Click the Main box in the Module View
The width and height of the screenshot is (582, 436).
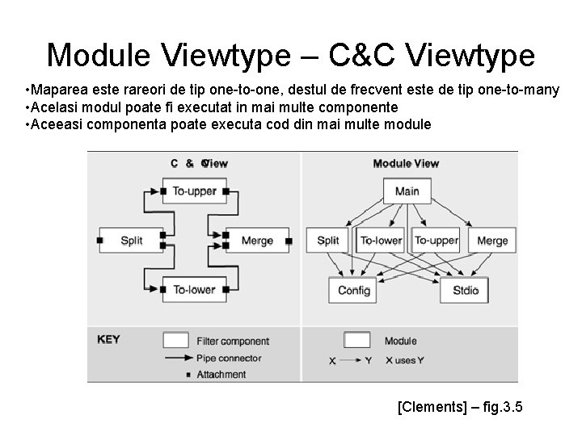click(x=407, y=191)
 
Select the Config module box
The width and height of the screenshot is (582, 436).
click(x=353, y=291)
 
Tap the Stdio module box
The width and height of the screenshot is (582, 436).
click(x=464, y=291)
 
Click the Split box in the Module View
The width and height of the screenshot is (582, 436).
click(x=328, y=240)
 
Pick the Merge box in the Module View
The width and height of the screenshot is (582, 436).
click(x=491, y=240)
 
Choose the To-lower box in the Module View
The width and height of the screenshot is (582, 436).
click(x=381, y=240)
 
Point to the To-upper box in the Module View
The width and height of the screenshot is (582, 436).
click(x=436, y=240)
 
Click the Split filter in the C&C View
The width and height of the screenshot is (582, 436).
click(x=131, y=240)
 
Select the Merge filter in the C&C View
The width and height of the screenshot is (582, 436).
click(x=256, y=240)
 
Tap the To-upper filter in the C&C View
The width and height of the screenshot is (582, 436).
click(x=193, y=191)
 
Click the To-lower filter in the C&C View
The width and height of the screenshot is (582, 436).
click(x=193, y=289)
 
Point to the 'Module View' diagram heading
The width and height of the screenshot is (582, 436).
click(x=406, y=163)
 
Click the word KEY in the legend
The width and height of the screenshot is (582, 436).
click(x=108, y=339)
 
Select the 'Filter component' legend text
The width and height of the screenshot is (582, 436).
click(x=233, y=341)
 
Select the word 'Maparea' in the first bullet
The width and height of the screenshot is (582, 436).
click(x=59, y=90)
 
